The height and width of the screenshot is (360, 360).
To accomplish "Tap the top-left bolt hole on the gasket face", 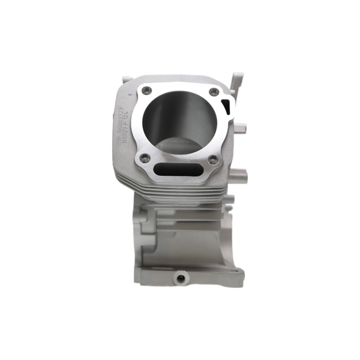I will tap(146, 91).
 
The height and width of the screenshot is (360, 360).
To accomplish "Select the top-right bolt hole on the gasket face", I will tap(213, 91).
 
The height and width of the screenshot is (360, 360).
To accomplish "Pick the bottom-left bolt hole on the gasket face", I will tap(145, 158).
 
